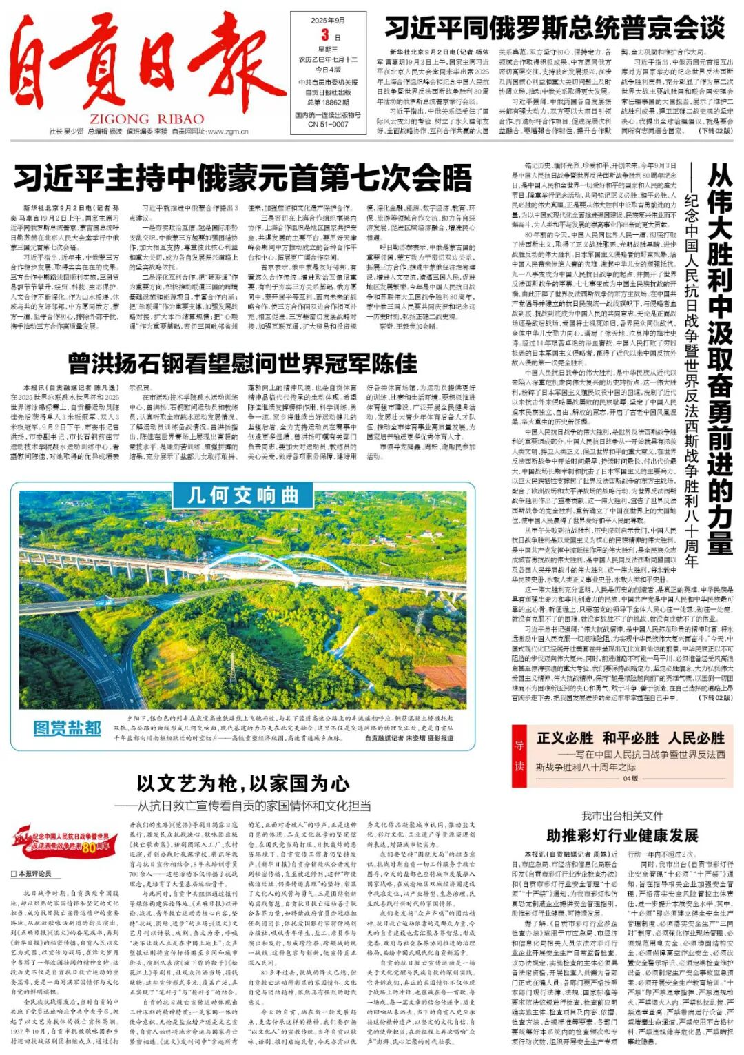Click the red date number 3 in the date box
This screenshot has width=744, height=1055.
tap(325, 35)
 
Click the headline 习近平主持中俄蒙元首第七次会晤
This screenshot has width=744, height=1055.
tap(242, 178)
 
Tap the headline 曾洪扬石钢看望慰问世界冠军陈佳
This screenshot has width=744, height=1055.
tap(242, 362)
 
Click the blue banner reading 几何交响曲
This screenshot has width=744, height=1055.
tap(242, 495)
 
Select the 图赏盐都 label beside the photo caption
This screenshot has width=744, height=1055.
tap(68, 728)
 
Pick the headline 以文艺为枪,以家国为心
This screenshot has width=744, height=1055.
tap(242, 783)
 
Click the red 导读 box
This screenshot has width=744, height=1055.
tap(519, 755)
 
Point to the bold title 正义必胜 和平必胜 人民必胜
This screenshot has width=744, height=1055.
tap(630, 738)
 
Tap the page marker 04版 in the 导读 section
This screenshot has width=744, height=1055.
tap(630, 779)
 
